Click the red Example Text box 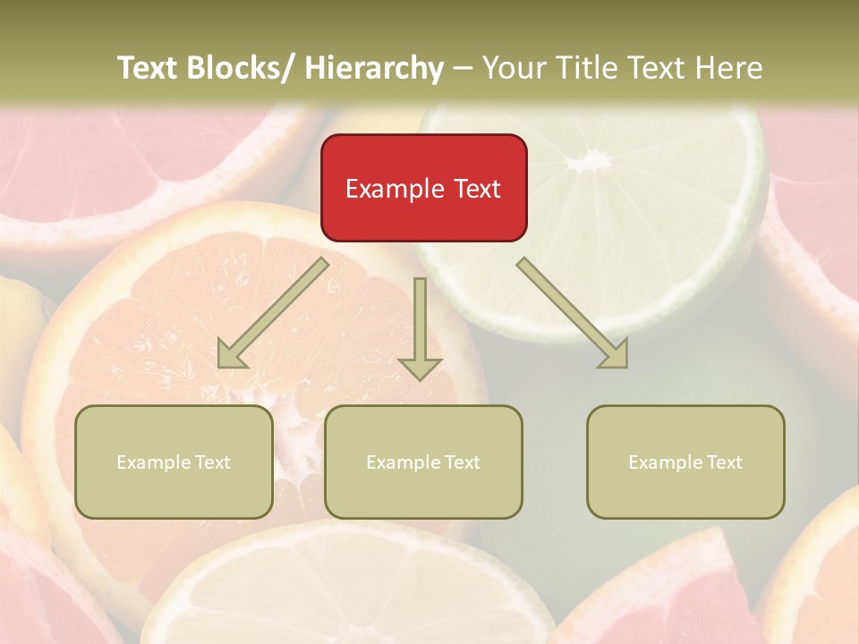(423, 188)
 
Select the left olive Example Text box (174, 462)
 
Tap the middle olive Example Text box (423, 462)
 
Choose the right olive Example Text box (685, 462)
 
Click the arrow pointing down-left (273, 313)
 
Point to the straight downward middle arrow (420, 322)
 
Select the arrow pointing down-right (573, 313)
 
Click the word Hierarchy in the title (373, 68)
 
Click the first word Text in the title (148, 68)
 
